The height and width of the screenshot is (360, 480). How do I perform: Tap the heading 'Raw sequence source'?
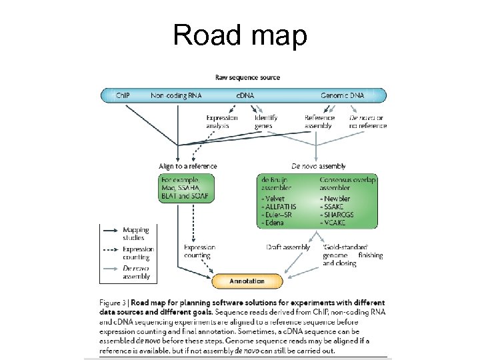(247, 78)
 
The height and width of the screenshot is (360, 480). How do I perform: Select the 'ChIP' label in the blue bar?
(123, 96)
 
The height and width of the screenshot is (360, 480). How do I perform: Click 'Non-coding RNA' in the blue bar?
(176, 96)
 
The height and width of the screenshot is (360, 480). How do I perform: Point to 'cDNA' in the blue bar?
(246, 96)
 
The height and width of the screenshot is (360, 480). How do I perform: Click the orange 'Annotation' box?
(247, 281)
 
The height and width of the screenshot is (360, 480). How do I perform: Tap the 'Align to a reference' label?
(188, 166)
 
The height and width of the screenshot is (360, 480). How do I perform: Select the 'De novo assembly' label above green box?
(319, 166)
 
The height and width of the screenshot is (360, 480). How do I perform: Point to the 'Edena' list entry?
(274, 223)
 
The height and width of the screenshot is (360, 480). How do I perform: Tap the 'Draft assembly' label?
(288, 247)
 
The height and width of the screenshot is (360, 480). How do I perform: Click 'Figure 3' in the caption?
(115, 301)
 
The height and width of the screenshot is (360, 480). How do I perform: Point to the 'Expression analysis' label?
(222, 121)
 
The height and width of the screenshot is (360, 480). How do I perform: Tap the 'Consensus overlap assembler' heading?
(348, 184)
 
